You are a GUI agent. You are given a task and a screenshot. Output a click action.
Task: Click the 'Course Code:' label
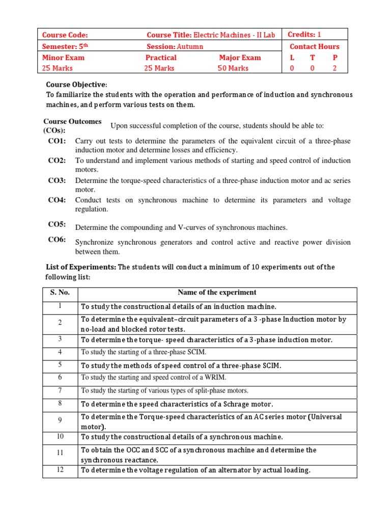click(x=65, y=35)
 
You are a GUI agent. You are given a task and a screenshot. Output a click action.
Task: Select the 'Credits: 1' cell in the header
click(x=304, y=35)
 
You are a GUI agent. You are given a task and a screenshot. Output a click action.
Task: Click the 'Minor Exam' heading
click(x=63, y=58)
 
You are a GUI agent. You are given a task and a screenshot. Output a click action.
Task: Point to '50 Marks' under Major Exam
click(x=233, y=68)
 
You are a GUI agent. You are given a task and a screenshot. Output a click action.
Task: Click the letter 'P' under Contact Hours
click(x=335, y=58)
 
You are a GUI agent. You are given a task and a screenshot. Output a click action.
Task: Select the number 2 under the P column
click(x=335, y=68)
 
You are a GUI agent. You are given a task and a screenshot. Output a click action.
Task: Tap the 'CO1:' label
click(x=57, y=141)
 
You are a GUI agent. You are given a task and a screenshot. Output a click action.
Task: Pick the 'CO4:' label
click(x=57, y=200)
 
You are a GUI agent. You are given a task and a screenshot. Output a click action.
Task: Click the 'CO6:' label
click(x=57, y=240)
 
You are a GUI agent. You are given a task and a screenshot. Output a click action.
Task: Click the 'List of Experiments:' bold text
click(x=81, y=267)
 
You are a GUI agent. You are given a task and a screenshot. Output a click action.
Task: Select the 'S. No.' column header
click(x=60, y=293)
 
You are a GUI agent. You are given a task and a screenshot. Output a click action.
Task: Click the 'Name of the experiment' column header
click(x=217, y=293)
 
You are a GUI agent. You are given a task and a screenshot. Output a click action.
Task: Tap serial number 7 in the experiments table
click(x=60, y=390)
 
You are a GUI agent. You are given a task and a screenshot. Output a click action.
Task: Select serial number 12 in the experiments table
click(x=60, y=469)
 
